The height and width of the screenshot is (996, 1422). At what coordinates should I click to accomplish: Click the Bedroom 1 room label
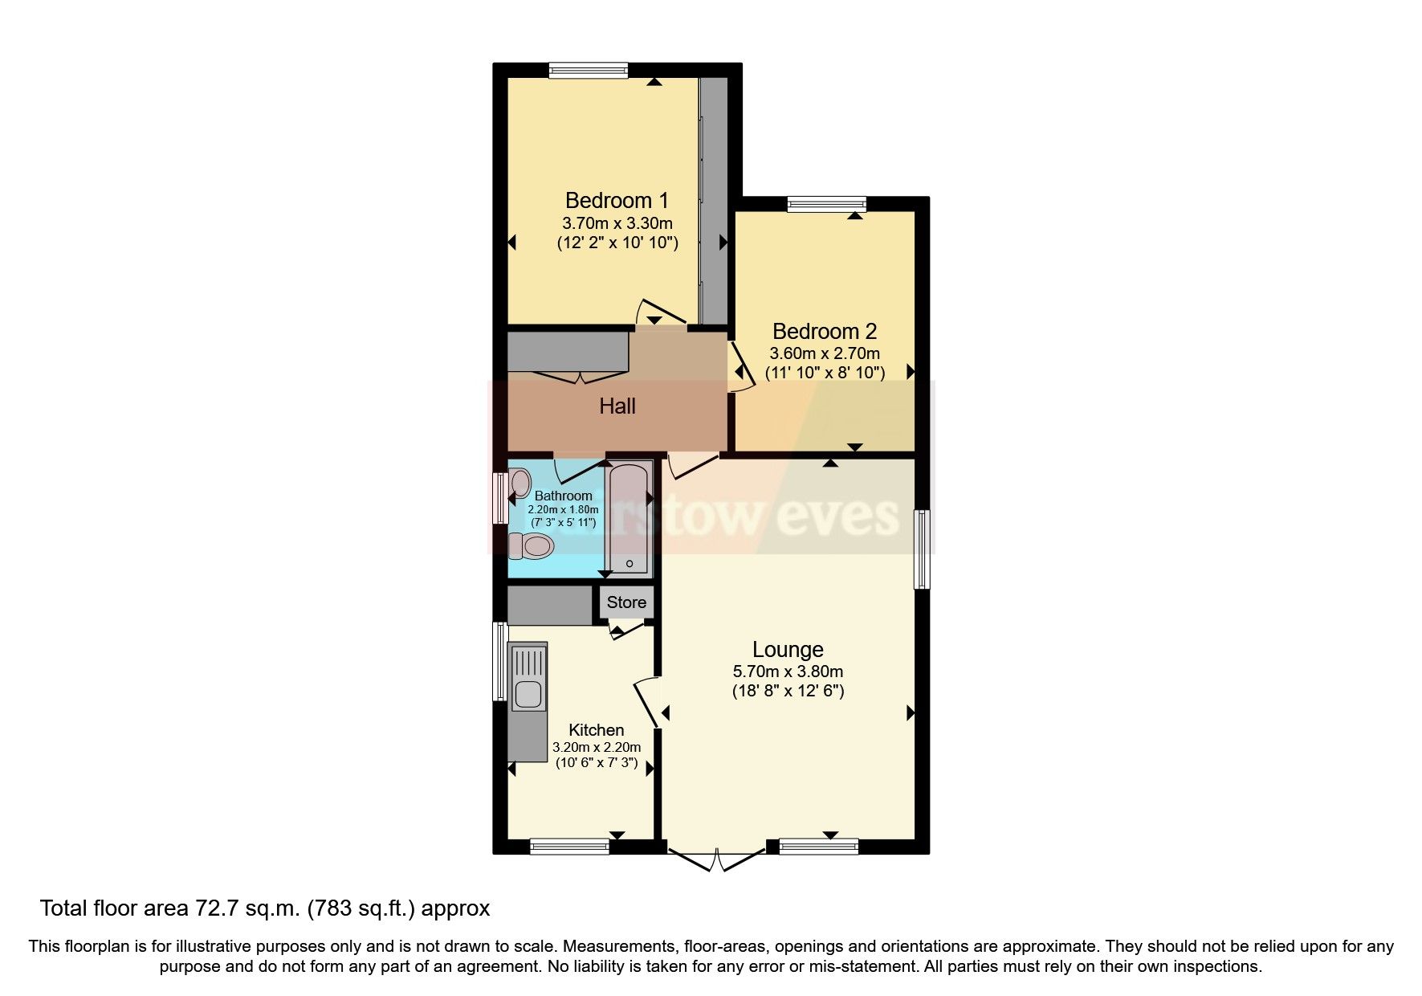pos(616,200)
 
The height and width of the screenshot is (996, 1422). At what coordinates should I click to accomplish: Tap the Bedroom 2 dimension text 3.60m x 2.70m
pos(825,353)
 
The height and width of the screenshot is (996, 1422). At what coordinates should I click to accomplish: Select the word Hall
pos(617,406)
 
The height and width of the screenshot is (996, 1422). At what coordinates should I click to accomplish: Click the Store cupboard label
pos(626,602)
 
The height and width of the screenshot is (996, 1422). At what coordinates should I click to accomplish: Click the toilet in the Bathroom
pos(531,546)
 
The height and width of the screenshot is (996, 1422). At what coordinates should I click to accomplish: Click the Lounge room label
pos(788,649)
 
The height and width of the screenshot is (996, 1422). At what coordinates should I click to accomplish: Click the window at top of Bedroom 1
pos(589,71)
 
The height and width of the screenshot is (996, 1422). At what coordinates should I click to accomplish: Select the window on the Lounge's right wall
pos(923,549)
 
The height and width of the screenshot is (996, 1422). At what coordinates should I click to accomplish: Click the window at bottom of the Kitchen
pos(570,846)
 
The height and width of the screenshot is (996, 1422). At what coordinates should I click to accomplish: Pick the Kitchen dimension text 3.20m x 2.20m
pos(597,747)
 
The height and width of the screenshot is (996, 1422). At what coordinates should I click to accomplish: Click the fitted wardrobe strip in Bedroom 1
pos(713,201)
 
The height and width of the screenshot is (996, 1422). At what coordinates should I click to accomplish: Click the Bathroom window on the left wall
pos(499,498)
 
